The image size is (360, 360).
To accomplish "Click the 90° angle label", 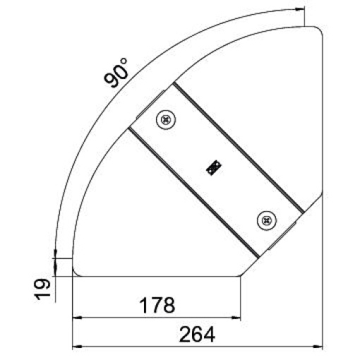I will pyautogui.click(x=116, y=73).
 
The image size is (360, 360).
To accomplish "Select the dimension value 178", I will pyautogui.click(x=156, y=305).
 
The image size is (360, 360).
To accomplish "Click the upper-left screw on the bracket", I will pyautogui.click(x=166, y=121).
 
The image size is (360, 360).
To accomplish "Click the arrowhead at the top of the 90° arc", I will pyautogui.click(x=299, y=11).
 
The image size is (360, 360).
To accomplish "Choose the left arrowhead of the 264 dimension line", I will pyautogui.click(x=76, y=347).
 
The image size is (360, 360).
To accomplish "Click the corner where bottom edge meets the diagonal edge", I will pyautogui.click(x=241, y=276).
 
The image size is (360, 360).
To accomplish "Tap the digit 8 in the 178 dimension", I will pyautogui.click(x=168, y=305).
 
